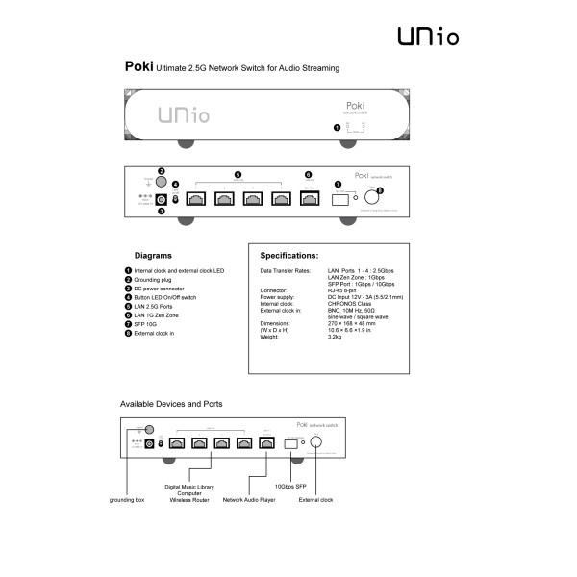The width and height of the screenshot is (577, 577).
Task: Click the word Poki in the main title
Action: pos(138,68)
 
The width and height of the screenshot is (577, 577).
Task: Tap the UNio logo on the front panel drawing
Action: pos(180,116)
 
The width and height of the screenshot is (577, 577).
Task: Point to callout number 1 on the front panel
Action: pos(336,127)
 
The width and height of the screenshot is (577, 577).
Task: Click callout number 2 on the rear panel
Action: pos(162,171)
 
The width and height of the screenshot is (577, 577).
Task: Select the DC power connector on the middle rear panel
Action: pos(162,199)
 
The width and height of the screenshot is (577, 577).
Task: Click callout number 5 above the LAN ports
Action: pos(238,174)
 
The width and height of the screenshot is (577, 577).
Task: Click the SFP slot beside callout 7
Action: pos(339,199)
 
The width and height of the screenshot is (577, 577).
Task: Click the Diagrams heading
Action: pos(153,257)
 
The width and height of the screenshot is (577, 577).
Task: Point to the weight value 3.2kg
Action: pos(336,338)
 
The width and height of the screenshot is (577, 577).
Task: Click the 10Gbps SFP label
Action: pos(292,488)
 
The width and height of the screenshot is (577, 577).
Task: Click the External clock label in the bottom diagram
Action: pos(315,500)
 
